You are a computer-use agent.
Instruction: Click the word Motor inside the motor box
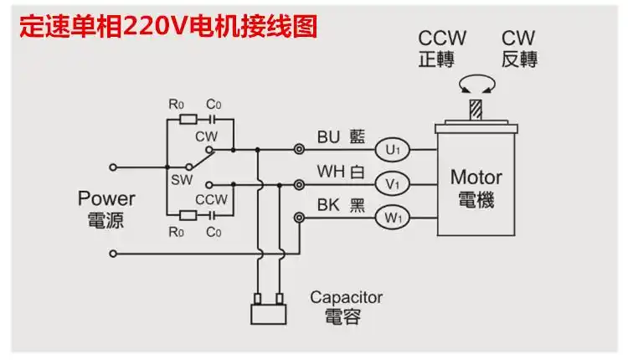(x=476, y=177)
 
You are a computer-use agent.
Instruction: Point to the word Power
(x=106, y=199)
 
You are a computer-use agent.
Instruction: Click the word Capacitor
(x=346, y=297)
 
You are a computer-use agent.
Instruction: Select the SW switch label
(x=181, y=179)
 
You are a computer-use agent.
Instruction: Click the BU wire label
(x=328, y=136)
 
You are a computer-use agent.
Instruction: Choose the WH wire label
(x=328, y=172)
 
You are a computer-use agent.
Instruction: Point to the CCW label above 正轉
(x=442, y=39)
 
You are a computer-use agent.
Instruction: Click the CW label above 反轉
(x=518, y=39)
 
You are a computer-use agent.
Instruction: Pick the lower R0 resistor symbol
(x=188, y=215)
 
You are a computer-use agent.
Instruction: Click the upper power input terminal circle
(x=114, y=166)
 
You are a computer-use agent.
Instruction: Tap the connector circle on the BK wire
(x=299, y=218)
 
